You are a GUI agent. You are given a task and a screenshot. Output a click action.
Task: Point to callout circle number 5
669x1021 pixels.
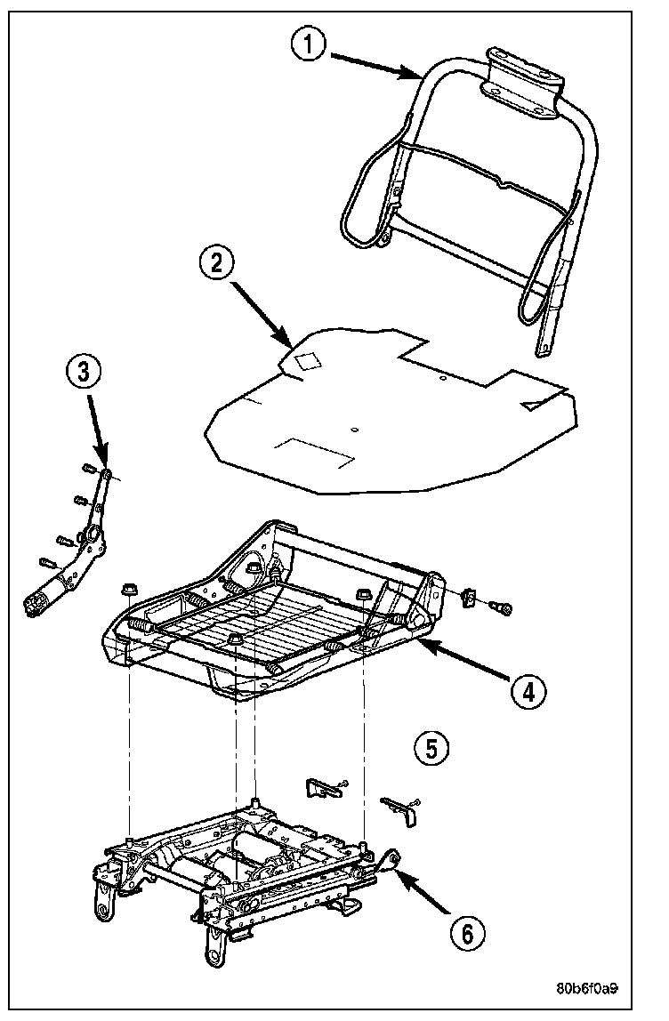(x=431, y=748)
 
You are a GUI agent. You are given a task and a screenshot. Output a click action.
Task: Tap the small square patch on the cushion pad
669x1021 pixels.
(x=309, y=360)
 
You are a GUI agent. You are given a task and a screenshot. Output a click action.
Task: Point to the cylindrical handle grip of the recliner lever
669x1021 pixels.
(x=44, y=602)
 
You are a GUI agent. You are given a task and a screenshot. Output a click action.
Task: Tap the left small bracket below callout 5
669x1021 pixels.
(x=324, y=786)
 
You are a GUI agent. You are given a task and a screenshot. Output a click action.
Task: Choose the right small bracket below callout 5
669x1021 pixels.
(x=401, y=807)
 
